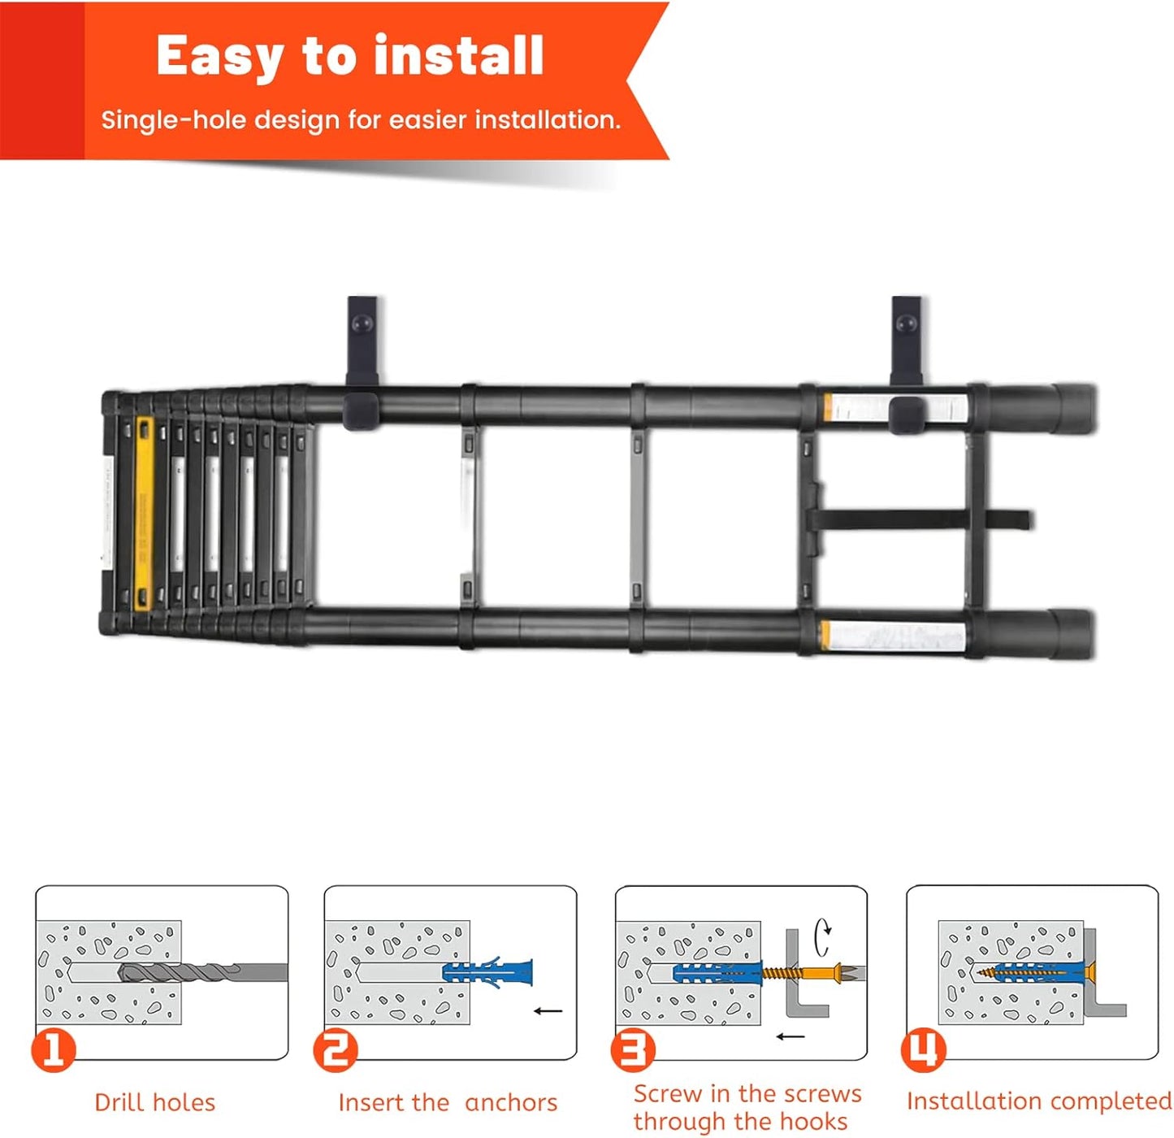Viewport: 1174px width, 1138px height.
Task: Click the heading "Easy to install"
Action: tap(349, 56)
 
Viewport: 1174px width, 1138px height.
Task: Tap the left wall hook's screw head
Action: tap(362, 323)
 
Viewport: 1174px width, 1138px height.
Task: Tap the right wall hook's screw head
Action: tap(906, 323)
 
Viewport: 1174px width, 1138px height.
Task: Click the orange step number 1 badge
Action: tap(54, 1049)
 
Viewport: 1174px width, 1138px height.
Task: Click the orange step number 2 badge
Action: tap(335, 1049)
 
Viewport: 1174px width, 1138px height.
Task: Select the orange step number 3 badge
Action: tap(632, 1049)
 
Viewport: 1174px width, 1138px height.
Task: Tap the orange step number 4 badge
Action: tap(924, 1049)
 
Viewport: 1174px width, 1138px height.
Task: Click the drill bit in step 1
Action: tap(203, 972)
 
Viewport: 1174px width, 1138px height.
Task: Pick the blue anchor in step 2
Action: tap(487, 972)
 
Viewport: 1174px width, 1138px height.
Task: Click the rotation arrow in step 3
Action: tap(824, 936)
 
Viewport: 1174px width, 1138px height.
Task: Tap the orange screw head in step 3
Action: tap(837, 972)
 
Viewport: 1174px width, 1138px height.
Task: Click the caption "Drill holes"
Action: tap(154, 1102)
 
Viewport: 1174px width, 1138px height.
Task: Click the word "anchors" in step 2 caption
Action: tap(511, 1102)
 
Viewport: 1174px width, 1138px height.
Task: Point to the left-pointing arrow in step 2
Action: tap(548, 1011)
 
